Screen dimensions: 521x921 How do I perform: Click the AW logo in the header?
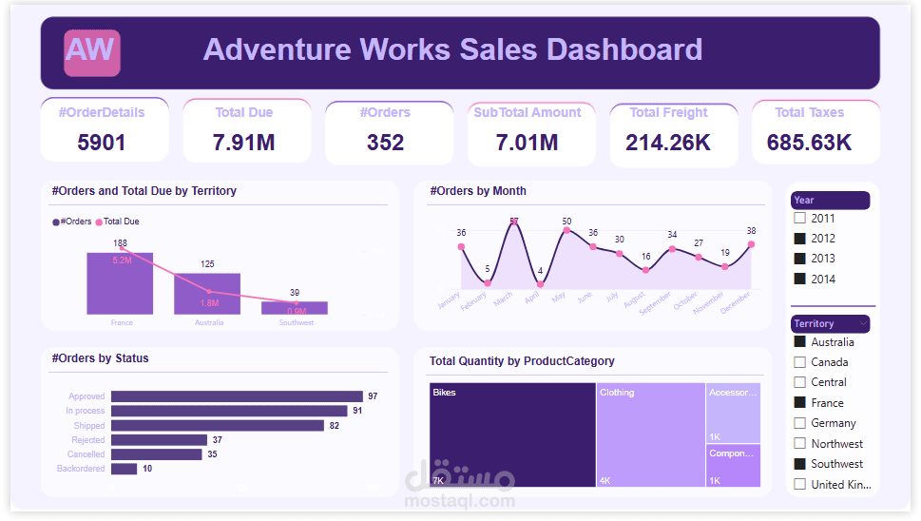[92, 52]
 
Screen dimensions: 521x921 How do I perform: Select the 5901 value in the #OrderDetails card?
[101, 143]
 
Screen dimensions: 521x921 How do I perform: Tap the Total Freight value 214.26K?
[668, 143]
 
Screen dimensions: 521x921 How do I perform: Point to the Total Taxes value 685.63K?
[809, 143]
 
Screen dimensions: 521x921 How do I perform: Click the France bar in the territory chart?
[120, 283]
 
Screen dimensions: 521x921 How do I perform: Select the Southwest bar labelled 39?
[295, 308]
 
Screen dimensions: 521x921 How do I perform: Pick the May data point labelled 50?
[566, 230]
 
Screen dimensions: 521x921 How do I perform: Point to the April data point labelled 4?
[540, 283]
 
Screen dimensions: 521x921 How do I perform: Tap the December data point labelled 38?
[751, 244]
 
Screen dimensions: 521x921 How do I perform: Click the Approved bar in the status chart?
[237, 396]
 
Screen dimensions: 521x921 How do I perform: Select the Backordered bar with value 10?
[124, 469]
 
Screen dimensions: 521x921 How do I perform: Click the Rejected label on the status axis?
[88, 440]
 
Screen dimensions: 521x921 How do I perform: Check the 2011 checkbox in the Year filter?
[799, 219]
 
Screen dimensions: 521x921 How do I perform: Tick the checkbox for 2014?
[799, 279]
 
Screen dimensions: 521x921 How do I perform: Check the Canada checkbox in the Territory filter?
[799, 362]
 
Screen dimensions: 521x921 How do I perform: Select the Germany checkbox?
[799, 423]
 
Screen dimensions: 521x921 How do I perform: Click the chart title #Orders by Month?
[478, 191]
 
